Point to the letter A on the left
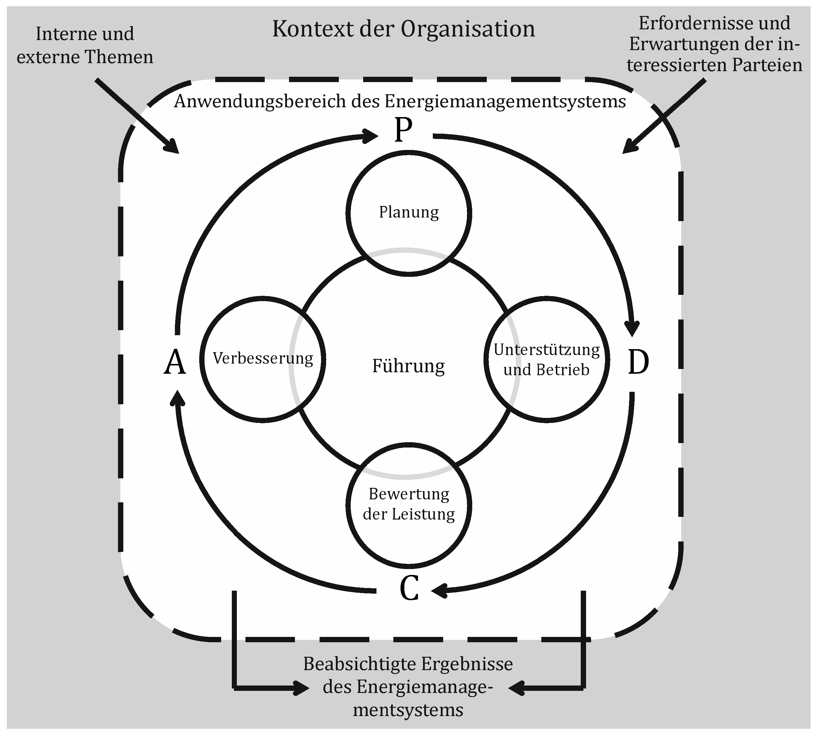coord(175,362)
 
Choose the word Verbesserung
coord(263,359)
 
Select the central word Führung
coord(408,366)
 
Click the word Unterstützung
coord(547,350)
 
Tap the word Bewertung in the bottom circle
coord(409,494)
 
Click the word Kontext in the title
coord(312,29)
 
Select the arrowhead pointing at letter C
coord(439,591)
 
